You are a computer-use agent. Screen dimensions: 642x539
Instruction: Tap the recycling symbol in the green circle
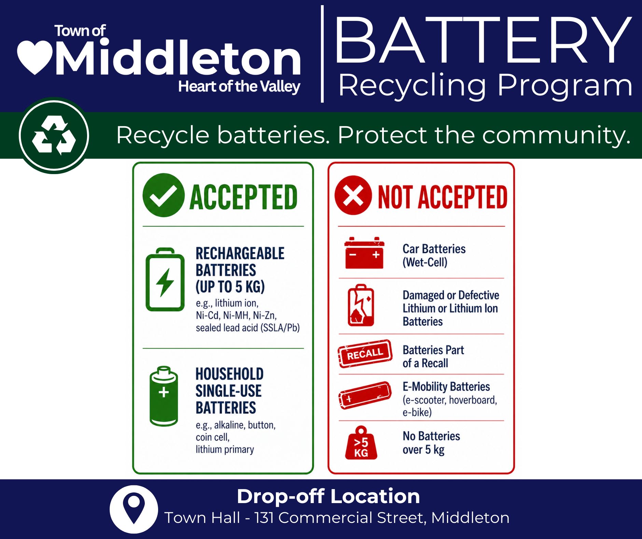pos(54,135)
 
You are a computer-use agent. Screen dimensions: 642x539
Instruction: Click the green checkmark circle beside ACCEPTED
pos(164,195)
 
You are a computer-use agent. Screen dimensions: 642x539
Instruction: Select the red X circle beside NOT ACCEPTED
pos(353,195)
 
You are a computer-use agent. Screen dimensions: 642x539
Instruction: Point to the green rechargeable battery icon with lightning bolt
pos(165,279)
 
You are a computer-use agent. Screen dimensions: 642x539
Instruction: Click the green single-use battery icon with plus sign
pos(164,396)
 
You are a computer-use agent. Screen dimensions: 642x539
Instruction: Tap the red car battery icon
pos(364,253)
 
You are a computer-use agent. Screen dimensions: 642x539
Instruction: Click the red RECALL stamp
pos(365,354)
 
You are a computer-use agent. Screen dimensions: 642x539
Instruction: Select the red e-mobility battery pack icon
pos(365,395)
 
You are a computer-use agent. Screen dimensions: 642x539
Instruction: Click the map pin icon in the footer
pos(134,509)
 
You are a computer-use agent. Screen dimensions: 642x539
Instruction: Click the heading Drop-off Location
pos(328,496)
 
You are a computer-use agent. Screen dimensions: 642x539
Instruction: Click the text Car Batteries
pos(434,249)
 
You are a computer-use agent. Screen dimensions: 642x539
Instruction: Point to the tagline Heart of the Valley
pos(239,87)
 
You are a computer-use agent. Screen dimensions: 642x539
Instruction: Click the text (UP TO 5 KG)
pos(230,287)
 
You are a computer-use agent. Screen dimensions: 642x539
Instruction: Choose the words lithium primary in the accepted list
pos(225,449)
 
